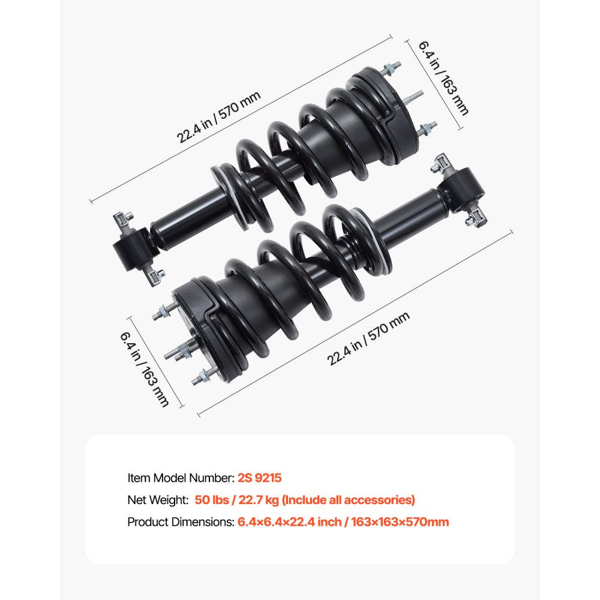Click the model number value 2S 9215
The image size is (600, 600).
tap(259, 478)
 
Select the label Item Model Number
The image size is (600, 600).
tap(179, 478)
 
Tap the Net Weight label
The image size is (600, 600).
tap(158, 500)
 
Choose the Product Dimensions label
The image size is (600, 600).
tap(180, 522)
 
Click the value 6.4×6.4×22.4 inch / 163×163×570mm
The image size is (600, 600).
tap(343, 522)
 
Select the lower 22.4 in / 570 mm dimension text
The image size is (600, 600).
tap(368, 340)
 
